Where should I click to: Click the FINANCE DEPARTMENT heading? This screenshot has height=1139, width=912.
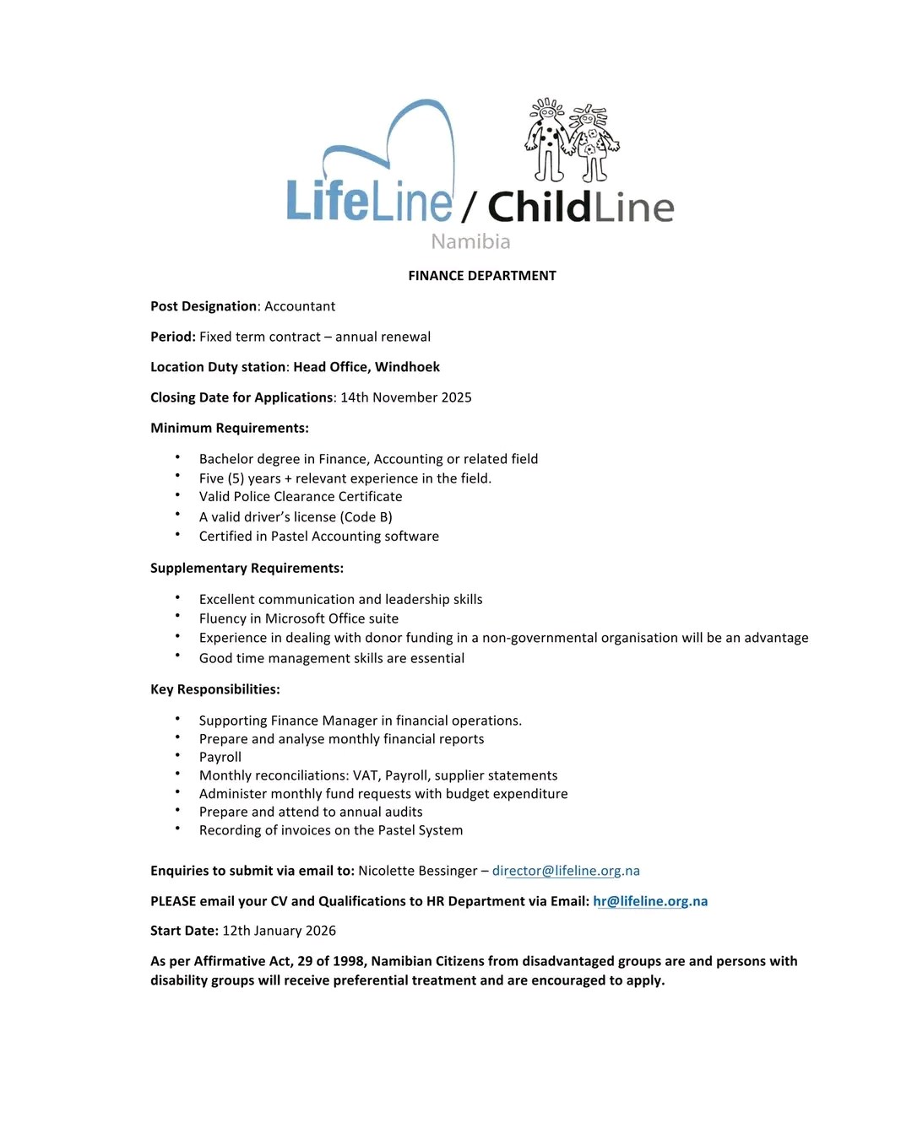click(481, 276)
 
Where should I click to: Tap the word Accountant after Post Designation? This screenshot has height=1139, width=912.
click(300, 306)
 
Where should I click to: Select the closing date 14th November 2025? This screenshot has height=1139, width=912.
click(405, 397)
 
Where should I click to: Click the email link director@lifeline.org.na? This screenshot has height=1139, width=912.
click(566, 871)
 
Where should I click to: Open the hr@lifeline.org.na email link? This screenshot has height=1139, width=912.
click(650, 901)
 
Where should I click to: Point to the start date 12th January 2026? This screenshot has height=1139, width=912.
click(279, 931)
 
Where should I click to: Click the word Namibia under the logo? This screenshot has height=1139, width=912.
click(470, 242)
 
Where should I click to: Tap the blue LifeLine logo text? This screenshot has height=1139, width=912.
click(369, 202)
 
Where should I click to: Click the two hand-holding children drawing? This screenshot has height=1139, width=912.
click(571, 141)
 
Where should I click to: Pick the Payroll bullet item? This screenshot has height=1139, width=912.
click(220, 757)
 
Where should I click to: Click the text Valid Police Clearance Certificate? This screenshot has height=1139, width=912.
click(301, 497)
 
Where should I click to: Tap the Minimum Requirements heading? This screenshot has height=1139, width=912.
click(230, 428)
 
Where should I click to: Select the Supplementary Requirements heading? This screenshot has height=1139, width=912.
click(247, 568)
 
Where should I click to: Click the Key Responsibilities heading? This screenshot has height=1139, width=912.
click(214, 689)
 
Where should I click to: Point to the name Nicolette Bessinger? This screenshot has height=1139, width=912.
click(417, 871)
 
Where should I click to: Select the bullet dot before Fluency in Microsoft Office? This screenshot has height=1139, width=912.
click(178, 617)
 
